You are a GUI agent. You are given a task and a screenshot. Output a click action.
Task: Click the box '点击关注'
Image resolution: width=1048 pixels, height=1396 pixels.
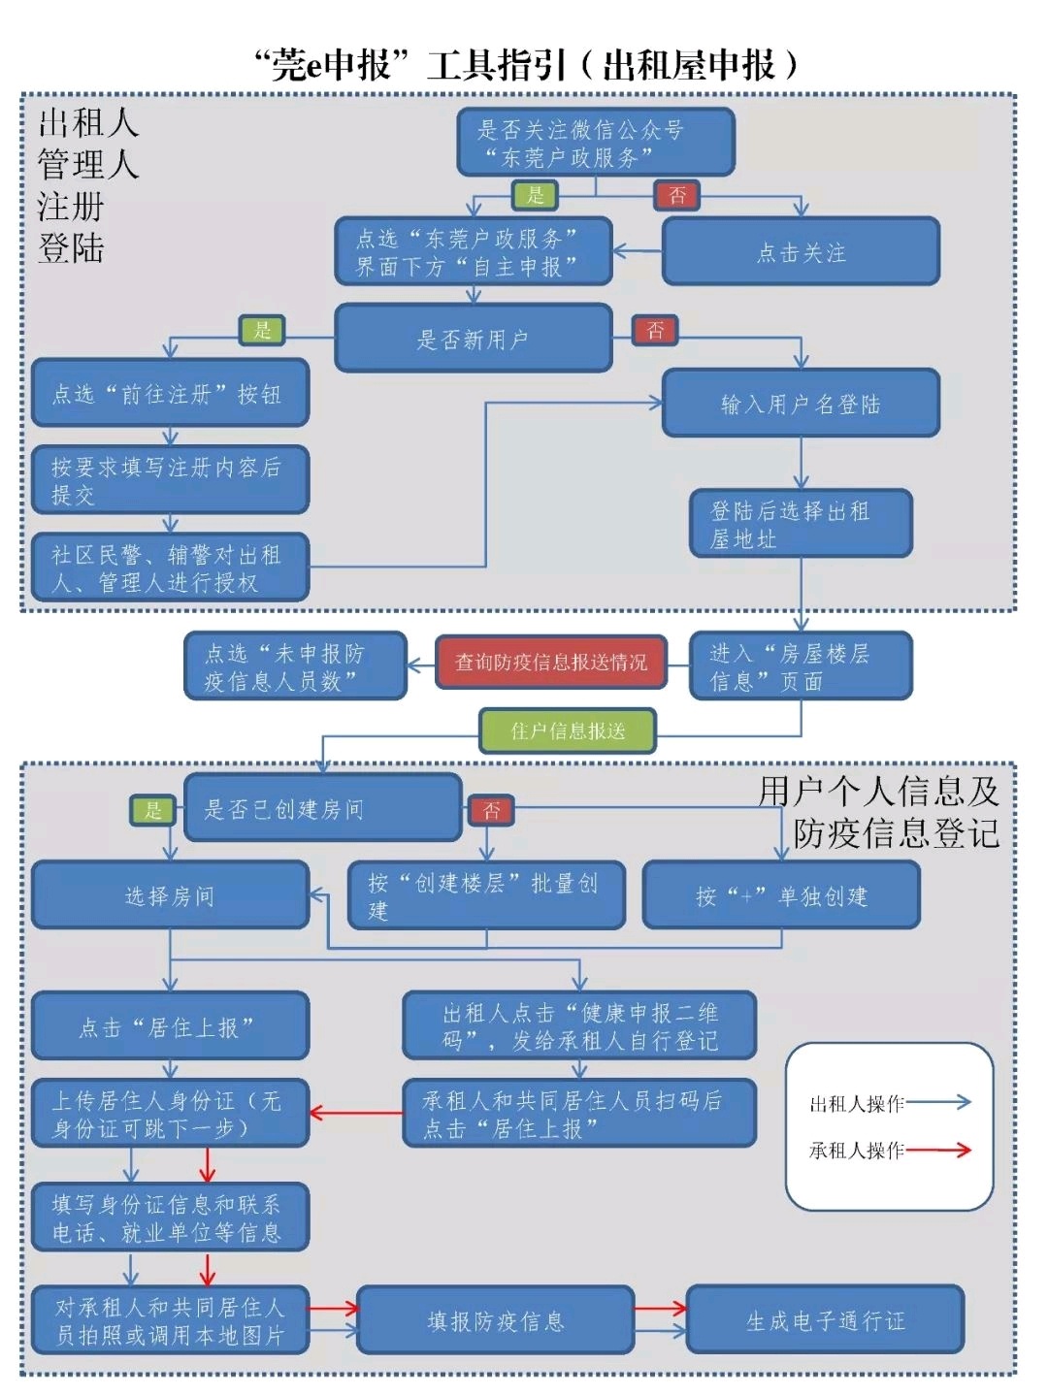(801, 252)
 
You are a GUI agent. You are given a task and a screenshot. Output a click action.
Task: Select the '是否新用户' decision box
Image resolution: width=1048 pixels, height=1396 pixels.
(473, 339)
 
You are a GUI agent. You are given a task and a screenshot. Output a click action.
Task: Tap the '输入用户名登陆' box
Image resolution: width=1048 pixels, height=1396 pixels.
(801, 404)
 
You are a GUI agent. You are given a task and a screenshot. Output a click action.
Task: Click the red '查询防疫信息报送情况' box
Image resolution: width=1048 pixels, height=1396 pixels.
(551, 663)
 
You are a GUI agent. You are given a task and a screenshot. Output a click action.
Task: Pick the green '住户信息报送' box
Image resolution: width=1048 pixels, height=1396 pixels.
(568, 730)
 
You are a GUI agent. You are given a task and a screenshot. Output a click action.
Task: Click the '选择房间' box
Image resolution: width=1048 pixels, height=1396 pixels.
(170, 895)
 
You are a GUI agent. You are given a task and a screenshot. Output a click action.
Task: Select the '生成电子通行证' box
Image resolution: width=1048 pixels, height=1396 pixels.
(825, 1320)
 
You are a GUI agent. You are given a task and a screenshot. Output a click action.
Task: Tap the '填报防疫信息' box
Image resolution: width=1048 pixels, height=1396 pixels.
(495, 1320)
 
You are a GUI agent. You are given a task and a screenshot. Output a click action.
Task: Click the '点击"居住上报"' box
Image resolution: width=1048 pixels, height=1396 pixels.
(170, 1026)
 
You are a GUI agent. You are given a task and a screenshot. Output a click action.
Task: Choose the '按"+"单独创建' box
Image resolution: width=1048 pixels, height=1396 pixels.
(781, 895)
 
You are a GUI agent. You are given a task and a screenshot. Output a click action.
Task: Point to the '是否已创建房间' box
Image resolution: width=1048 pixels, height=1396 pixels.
(322, 808)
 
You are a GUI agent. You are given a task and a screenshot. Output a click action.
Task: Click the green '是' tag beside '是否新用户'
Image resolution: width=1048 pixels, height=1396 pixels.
(262, 330)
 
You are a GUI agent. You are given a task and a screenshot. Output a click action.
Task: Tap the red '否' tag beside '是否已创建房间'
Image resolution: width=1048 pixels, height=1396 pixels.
(491, 810)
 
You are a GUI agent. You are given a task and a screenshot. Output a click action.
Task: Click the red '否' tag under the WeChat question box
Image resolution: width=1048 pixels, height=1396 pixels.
(677, 195)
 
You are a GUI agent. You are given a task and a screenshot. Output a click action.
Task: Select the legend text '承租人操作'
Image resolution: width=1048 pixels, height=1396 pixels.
(856, 1151)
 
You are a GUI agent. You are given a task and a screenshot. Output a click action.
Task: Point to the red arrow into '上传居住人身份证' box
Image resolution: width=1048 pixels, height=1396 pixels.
(355, 1113)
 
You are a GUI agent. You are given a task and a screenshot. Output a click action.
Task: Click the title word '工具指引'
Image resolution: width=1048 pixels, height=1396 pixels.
(496, 65)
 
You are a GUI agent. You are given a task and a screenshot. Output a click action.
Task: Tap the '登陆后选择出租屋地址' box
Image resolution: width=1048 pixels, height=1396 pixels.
(801, 524)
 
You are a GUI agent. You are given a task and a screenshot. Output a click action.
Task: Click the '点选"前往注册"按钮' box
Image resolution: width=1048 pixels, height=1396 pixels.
(170, 393)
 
